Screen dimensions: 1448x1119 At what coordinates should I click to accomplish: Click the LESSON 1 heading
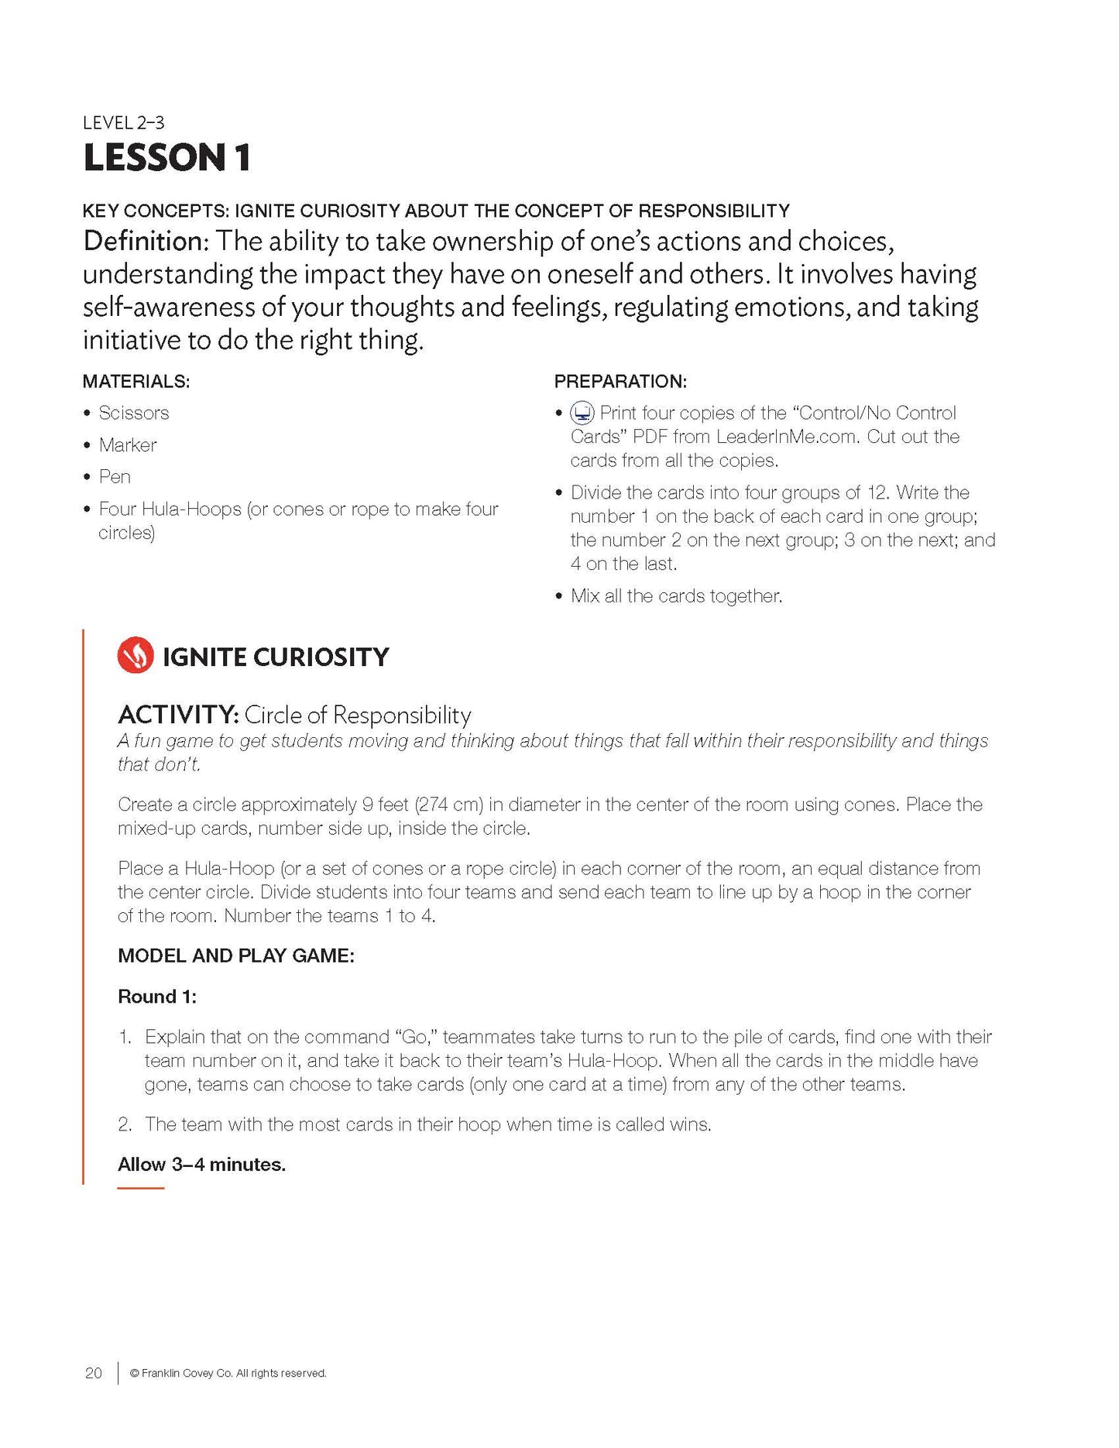(x=166, y=157)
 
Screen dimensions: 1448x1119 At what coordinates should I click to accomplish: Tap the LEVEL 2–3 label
(x=123, y=122)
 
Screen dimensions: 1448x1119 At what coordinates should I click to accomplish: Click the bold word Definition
(x=142, y=242)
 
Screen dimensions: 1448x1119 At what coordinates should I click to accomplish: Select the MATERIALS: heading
(x=136, y=381)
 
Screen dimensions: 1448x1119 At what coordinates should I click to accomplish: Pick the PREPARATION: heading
(x=620, y=381)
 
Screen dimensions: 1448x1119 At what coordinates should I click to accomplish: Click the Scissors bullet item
(x=133, y=413)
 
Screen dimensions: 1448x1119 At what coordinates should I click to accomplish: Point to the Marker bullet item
(x=128, y=445)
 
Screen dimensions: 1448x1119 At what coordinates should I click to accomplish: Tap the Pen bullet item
(x=115, y=477)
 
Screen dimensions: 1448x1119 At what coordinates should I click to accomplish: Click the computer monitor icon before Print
(x=582, y=413)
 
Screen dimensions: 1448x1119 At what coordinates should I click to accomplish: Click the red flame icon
(x=136, y=656)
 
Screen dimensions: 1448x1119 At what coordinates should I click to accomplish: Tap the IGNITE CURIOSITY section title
(x=275, y=657)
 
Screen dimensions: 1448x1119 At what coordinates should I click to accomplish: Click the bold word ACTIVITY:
(x=177, y=714)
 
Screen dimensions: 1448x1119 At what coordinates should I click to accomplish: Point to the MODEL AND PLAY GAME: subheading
(x=235, y=956)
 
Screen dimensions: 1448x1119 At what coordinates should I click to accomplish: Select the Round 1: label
(x=156, y=997)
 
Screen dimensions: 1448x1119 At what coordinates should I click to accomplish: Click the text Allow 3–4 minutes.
(x=201, y=1165)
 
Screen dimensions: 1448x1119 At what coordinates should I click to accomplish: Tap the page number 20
(x=93, y=1373)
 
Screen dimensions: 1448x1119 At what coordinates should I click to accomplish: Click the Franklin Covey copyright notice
(x=228, y=1374)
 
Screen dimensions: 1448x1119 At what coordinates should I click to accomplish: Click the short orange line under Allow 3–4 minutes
(x=140, y=1187)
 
